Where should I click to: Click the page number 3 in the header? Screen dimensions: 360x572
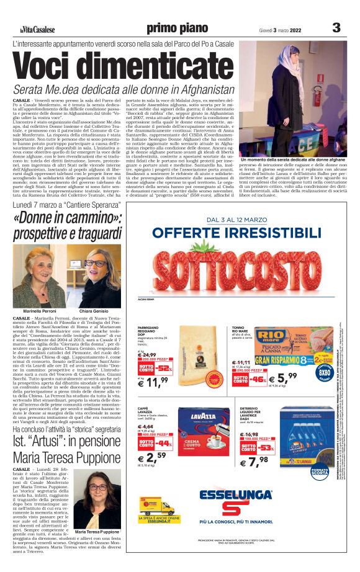click(x=336, y=28)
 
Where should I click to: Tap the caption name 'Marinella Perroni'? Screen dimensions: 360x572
click(x=39, y=310)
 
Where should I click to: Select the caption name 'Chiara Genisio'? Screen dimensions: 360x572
click(x=94, y=310)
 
